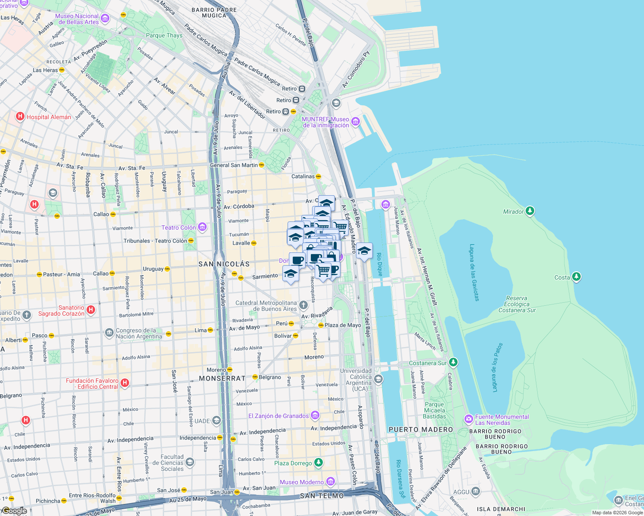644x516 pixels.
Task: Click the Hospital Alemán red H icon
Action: point(20,117)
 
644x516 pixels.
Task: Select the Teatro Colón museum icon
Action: point(202,227)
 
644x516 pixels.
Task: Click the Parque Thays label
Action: point(164,35)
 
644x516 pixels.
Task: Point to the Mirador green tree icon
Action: point(530,211)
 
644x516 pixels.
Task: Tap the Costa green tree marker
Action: point(576,277)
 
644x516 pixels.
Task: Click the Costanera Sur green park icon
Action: point(453,362)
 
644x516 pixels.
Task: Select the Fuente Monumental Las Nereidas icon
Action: point(468,419)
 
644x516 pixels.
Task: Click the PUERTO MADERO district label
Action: point(421,430)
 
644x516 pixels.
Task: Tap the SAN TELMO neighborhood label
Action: point(322,496)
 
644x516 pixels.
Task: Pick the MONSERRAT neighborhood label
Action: point(222,378)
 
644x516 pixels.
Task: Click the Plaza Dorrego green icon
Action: point(318,463)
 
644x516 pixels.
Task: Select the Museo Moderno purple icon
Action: point(330,482)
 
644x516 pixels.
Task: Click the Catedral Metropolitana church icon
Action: point(303,306)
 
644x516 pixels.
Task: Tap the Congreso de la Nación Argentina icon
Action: point(109,333)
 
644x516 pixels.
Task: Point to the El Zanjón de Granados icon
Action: point(315,415)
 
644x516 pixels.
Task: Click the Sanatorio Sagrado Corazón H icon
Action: point(90,310)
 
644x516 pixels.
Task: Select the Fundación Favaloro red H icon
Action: point(124,383)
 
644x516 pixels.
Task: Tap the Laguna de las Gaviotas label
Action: point(474,273)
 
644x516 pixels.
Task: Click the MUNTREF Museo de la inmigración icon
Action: point(355,122)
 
